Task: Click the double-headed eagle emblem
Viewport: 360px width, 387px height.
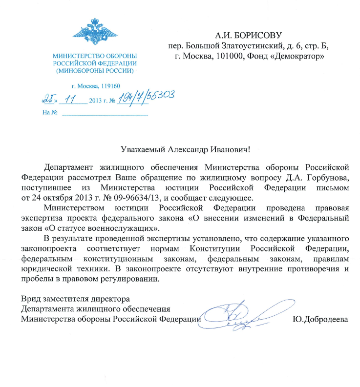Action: click(95, 31)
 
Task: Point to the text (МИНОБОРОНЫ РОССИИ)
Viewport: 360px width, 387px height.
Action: click(95, 71)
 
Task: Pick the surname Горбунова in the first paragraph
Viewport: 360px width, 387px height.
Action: click(323, 173)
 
